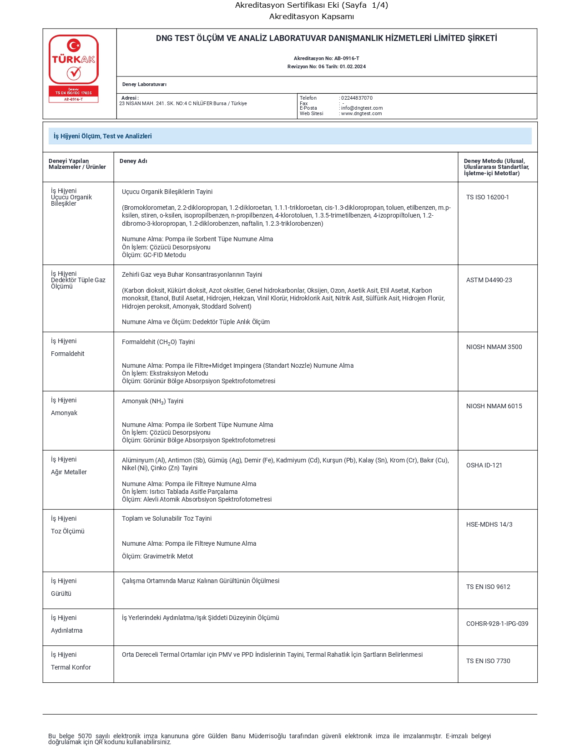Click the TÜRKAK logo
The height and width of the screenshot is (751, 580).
pyautogui.click(x=74, y=68)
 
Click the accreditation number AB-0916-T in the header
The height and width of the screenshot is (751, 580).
pyautogui.click(x=347, y=58)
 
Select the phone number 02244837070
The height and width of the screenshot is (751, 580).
pyautogui.click(x=357, y=98)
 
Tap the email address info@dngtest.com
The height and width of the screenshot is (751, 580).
pyautogui.click(x=362, y=108)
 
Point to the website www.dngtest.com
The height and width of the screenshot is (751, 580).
pyautogui.click(x=361, y=114)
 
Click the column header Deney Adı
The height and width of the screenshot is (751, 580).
pyautogui.click(x=133, y=161)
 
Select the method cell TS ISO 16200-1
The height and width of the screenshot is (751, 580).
pyautogui.click(x=487, y=197)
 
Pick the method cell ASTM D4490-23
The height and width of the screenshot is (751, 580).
pyautogui.click(x=489, y=280)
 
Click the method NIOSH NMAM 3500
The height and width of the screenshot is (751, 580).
pyautogui.click(x=494, y=347)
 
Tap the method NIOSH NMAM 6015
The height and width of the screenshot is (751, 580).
pyautogui.click(x=494, y=406)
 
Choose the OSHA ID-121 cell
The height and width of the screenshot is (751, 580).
pyautogui.click(x=484, y=465)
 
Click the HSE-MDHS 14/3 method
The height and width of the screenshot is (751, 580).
pyautogui.click(x=489, y=524)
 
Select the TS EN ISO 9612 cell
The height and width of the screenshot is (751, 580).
pyautogui.click(x=488, y=587)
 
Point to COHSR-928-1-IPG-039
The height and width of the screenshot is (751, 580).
pyautogui.click(x=497, y=624)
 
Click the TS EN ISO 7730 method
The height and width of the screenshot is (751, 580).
pyautogui.click(x=488, y=661)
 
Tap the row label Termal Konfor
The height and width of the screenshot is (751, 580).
pyautogui.click(x=71, y=667)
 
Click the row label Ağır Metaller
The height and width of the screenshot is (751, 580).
pyautogui.click(x=69, y=472)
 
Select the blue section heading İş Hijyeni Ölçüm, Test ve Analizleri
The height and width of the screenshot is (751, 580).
pyautogui.click(x=103, y=136)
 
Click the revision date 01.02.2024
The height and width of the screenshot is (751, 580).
pyautogui.click(x=353, y=66)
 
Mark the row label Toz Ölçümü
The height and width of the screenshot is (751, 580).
pyautogui.click(x=67, y=531)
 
